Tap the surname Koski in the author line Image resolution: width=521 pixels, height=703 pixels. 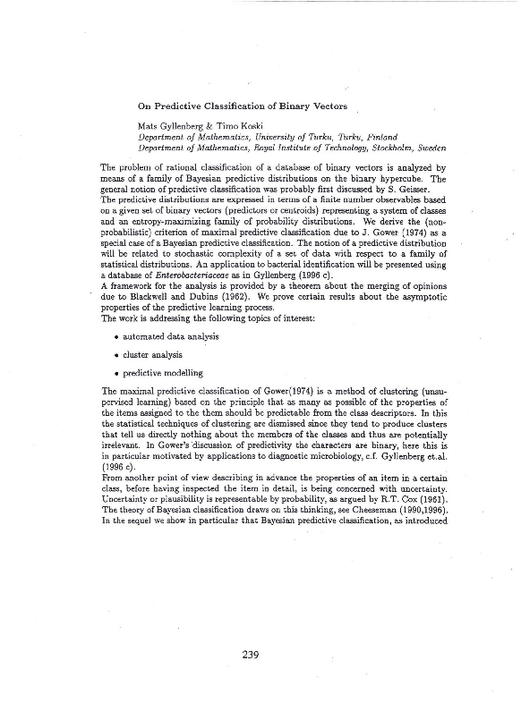226,126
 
